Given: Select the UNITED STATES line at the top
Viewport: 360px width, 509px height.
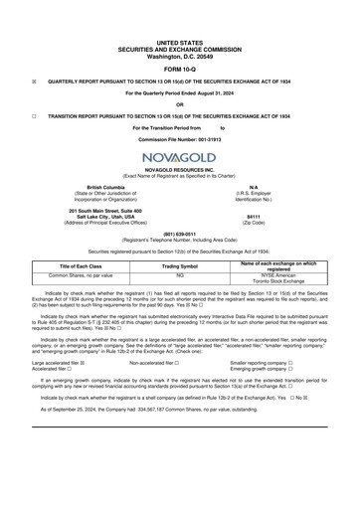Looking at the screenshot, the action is [179, 17].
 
